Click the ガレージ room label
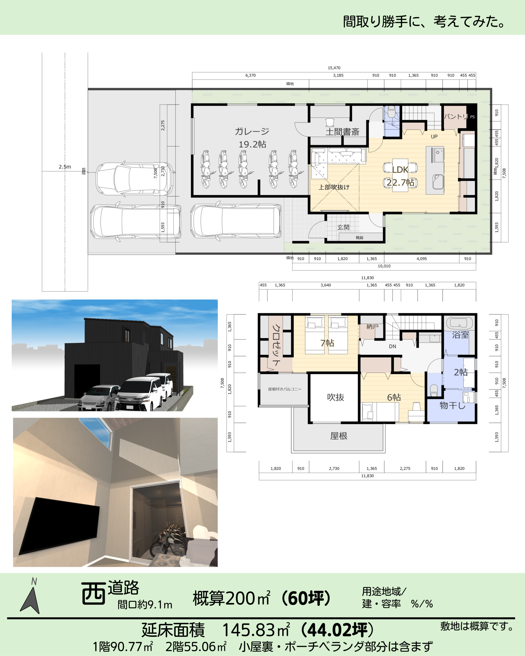click(x=252, y=131)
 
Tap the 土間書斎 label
click(x=342, y=132)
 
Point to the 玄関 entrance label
click(x=343, y=227)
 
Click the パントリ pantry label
click(x=456, y=116)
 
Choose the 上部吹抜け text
click(x=334, y=187)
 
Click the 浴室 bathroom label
click(x=460, y=335)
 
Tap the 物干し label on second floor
click(x=452, y=405)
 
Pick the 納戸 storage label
click(x=372, y=326)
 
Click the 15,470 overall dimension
click(x=334, y=68)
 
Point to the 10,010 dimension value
click(x=384, y=266)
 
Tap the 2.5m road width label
click(x=65, y=167)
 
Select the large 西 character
click(x=93, y=593)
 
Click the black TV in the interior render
click(x=59, y=526)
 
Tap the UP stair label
click(x=434, y=137)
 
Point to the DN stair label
click(x=392, y=346)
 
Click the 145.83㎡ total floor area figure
click(x=256, y=630)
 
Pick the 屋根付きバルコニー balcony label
click(x=285, y=389)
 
